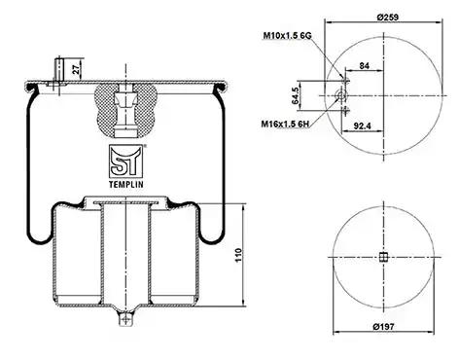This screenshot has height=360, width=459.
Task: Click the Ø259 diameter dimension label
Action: [388, 17]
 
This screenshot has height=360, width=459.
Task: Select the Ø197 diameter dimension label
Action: [384, 327]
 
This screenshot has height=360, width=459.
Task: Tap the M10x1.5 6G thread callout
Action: [287, 35]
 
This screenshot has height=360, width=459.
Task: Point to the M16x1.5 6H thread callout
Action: [286, 124]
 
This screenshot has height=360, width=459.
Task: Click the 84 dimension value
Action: [365, 66]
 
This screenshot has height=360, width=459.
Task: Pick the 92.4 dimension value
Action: [362, 126]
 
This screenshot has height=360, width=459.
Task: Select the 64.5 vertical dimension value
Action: [296, 95]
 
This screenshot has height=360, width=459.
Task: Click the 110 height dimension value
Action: [238, 255]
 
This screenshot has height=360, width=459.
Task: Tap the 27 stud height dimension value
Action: [77, 69]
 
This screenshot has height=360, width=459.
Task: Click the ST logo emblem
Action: [125, 162]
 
